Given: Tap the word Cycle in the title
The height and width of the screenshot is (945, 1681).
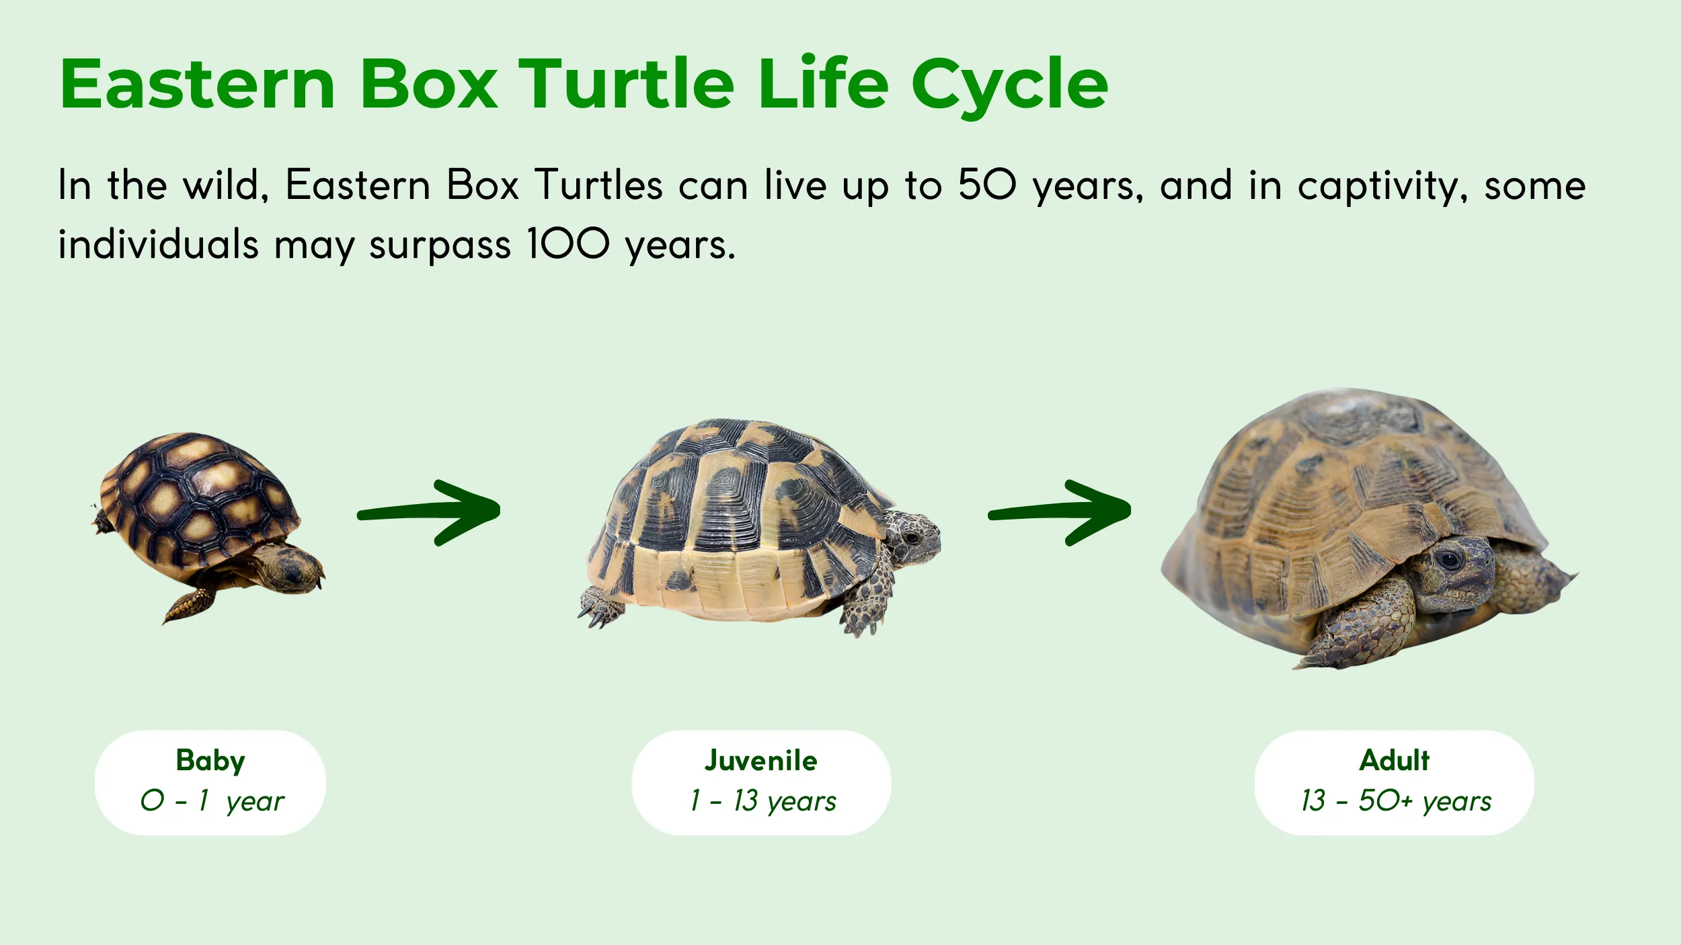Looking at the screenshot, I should click(1009, 86).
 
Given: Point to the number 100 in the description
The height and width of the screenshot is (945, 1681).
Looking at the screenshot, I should click(568, 243).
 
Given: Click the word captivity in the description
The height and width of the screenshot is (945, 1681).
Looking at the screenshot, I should click(1381, 187).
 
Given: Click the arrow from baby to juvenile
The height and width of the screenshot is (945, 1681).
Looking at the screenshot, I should click(430, 512).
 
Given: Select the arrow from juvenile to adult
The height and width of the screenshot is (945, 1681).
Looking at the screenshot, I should click(1060, 512).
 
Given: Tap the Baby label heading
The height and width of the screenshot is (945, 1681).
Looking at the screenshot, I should click(210, 761).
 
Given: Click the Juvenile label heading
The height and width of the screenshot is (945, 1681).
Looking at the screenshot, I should click(760, 760).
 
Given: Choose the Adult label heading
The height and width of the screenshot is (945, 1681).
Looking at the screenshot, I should click(1394, 760).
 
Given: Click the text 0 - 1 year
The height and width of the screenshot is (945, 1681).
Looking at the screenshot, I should click(212, 801).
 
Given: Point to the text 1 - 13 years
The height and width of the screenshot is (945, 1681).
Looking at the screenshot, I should click(763, 801).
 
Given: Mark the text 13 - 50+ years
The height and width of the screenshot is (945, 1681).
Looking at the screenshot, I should click(1396, 801).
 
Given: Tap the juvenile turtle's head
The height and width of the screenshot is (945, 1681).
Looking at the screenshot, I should click(911, 538).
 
